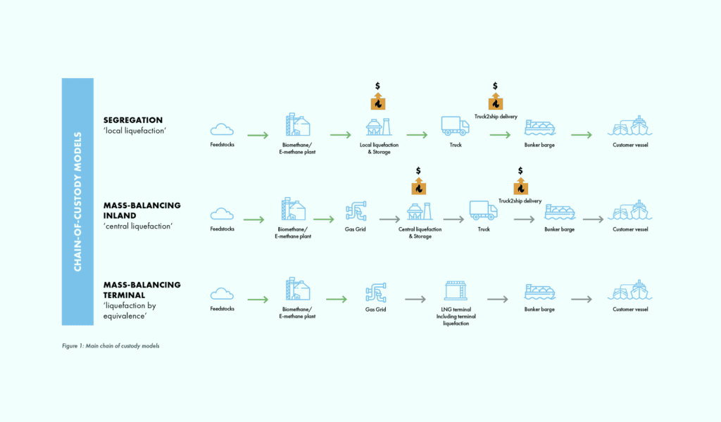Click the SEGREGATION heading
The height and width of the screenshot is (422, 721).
click(133, 120)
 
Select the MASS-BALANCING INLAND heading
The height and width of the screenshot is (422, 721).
click(142, 210)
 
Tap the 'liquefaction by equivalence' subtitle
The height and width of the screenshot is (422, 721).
click(130, 311)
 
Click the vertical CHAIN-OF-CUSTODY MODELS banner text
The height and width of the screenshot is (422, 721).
click(77, 202)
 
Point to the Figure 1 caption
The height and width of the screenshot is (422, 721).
click(111, 346)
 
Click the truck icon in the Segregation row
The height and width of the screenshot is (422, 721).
click(456, 126)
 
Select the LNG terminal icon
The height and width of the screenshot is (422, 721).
click(456, 290)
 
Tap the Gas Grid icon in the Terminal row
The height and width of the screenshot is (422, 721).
click(376, 293)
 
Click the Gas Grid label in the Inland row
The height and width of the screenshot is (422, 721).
click(356, 229)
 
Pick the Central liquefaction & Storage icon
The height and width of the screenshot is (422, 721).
click(420, 211)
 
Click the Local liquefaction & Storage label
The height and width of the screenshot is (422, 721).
click(379, 148)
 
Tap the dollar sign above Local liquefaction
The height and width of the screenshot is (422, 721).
click(377, 86)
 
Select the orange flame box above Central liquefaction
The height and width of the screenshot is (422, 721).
click(418, 186)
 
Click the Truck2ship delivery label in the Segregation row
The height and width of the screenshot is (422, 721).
click(496, 117)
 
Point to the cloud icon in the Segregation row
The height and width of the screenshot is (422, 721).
click(222, 129)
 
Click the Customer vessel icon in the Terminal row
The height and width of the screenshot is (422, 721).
click(630, 290)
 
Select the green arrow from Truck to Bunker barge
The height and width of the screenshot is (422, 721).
click(501, 135)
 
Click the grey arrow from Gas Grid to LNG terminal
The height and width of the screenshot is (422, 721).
click(415, 300)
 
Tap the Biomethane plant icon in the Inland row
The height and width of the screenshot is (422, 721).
click(293, 209)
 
